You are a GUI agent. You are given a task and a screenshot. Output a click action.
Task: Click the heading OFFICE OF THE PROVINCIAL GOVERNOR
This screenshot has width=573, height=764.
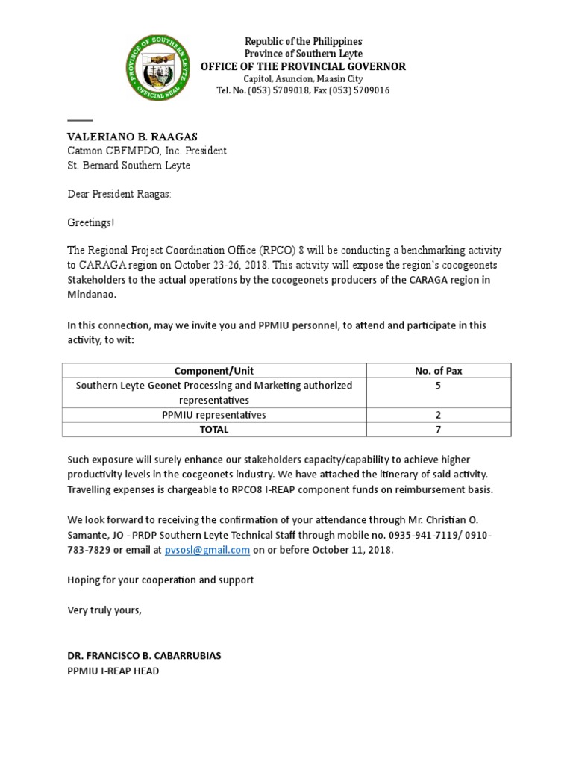(x=303, y=66)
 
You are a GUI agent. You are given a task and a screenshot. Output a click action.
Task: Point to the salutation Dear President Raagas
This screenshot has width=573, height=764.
(x=119, y=194)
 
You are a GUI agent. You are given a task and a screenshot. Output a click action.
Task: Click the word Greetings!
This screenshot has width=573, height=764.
(x=92, y=223)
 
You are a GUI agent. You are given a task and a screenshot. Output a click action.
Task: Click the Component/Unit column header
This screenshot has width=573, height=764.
(x=214, y=371)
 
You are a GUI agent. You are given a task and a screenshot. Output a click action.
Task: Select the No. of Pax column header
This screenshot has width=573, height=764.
(x=439, y=371)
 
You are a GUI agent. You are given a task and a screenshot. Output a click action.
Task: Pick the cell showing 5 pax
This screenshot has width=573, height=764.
(x=439, y=386)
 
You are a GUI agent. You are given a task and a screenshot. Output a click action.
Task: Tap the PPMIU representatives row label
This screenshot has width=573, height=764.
(x=214, y=415)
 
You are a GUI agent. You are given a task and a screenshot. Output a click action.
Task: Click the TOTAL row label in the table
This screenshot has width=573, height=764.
(x=214, y=430)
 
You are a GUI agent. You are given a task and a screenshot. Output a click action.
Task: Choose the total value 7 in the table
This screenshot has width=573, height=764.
(x=439, y=430)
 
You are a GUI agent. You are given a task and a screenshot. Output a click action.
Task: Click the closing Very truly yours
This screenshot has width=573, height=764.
(x=104, y=610)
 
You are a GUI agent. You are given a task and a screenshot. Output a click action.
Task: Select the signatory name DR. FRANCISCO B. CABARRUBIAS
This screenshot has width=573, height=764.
(x=144, y=656)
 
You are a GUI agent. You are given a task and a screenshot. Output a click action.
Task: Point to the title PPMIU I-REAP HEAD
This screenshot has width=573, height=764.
(x=113, y=671)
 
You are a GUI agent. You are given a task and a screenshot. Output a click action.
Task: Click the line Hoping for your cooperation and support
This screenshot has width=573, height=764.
(x=160, y=580)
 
